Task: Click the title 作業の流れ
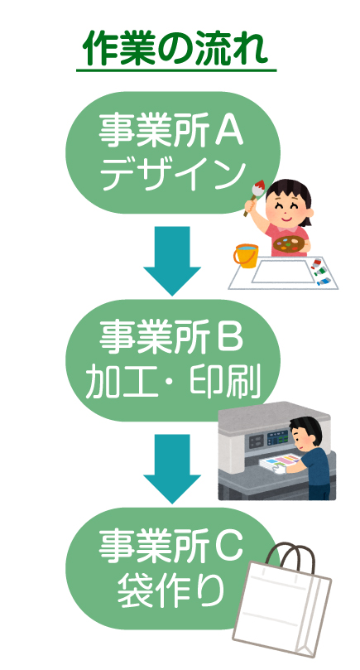click(x=175, y=48)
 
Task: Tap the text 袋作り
click(x=170, y=591)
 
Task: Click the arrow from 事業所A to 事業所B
click(x=172, y=260)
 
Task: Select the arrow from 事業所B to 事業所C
click(x=172, y=469)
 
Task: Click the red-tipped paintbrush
click(x=254, y=197)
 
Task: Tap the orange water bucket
click(x=246, y=255)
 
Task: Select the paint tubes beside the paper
click(x=320, y=271)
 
